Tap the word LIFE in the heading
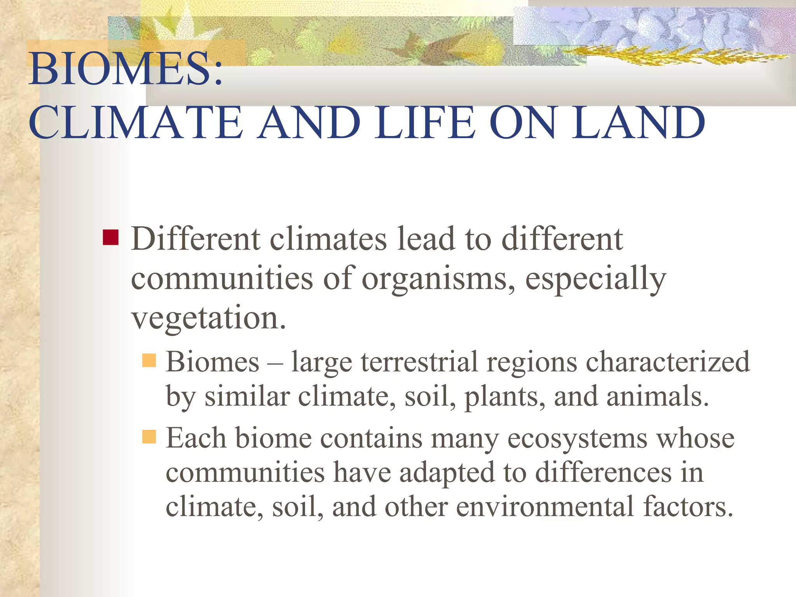(x=425, y=123)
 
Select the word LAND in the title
(x=637, y=123)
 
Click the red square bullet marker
(x=111, y=237)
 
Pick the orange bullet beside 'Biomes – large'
(x=149, y=360)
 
